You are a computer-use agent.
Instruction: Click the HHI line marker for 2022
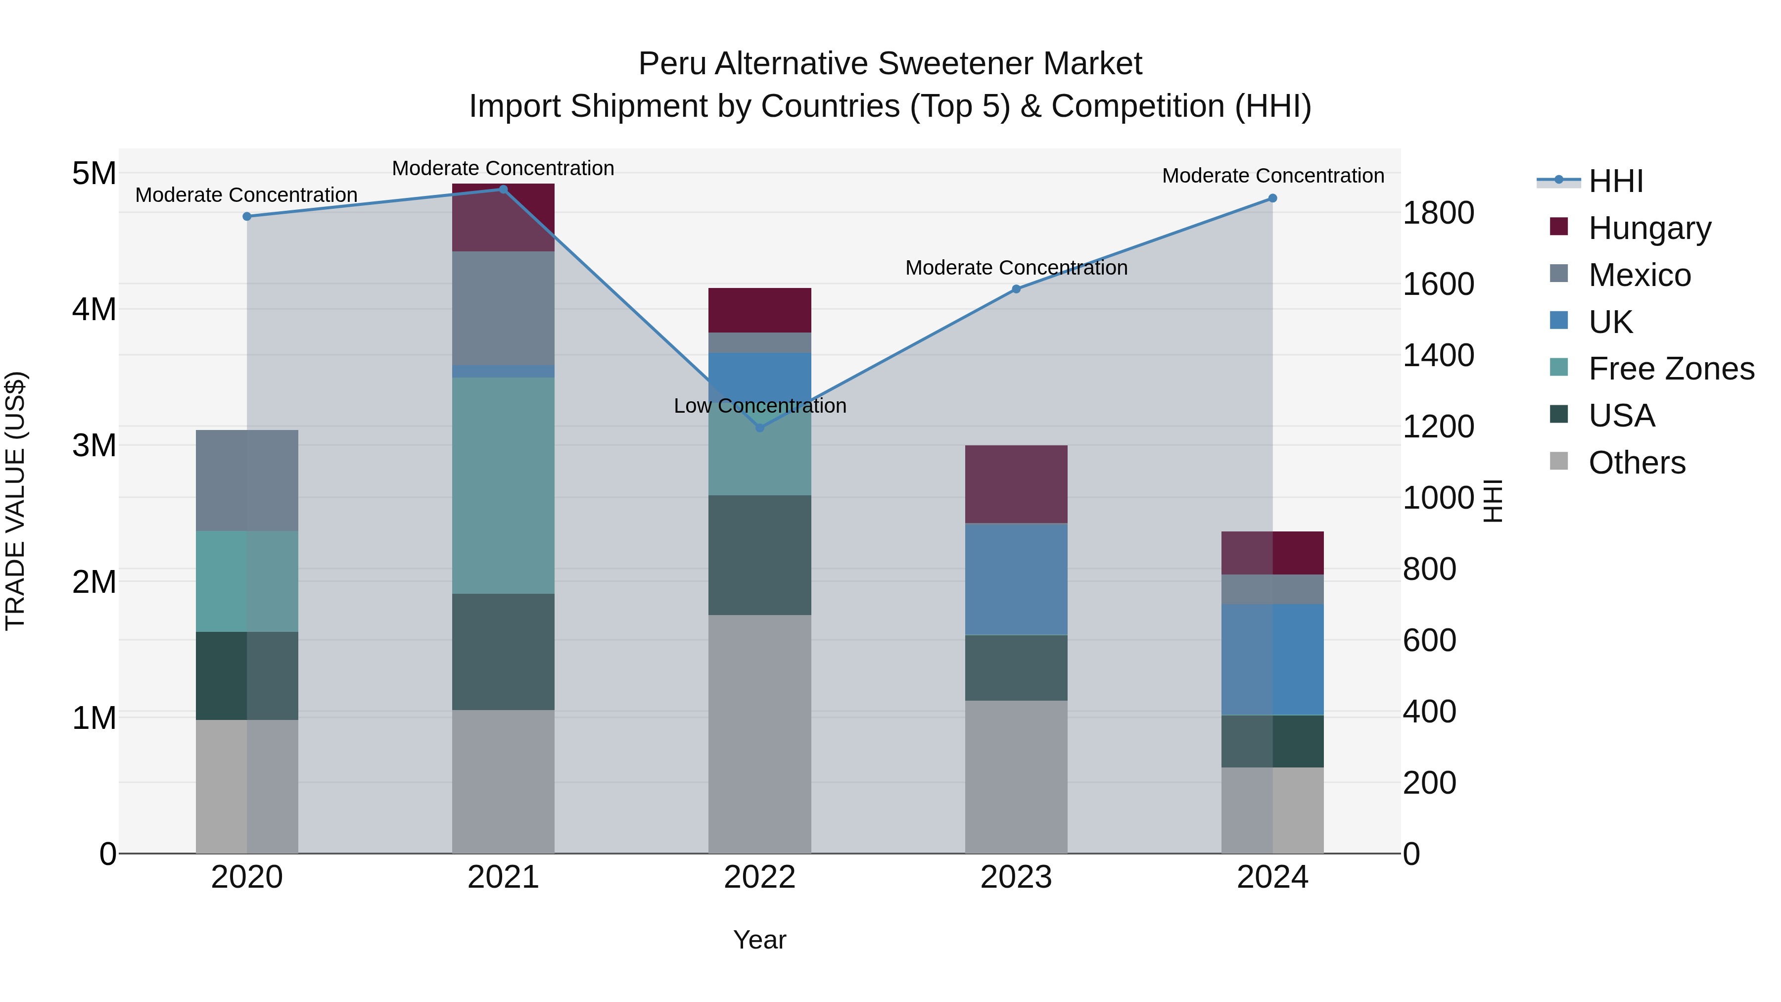760,428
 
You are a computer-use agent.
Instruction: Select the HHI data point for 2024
1272,198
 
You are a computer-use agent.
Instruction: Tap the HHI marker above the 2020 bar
247,216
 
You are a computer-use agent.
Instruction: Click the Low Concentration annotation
760,406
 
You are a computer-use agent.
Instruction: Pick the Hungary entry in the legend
1649,228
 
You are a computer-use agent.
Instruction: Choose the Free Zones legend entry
1670,369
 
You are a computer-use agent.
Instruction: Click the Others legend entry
1636,463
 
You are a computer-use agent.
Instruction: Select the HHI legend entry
1615,181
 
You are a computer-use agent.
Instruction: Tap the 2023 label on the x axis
1016,877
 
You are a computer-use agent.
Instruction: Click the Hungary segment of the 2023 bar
1016,484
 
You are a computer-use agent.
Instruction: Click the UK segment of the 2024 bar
1272,659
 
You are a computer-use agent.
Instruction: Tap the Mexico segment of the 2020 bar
247,480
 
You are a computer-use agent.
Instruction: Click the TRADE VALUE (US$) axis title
15,501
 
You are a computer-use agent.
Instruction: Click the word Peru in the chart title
671,64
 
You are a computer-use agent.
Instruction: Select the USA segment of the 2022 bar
760,555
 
